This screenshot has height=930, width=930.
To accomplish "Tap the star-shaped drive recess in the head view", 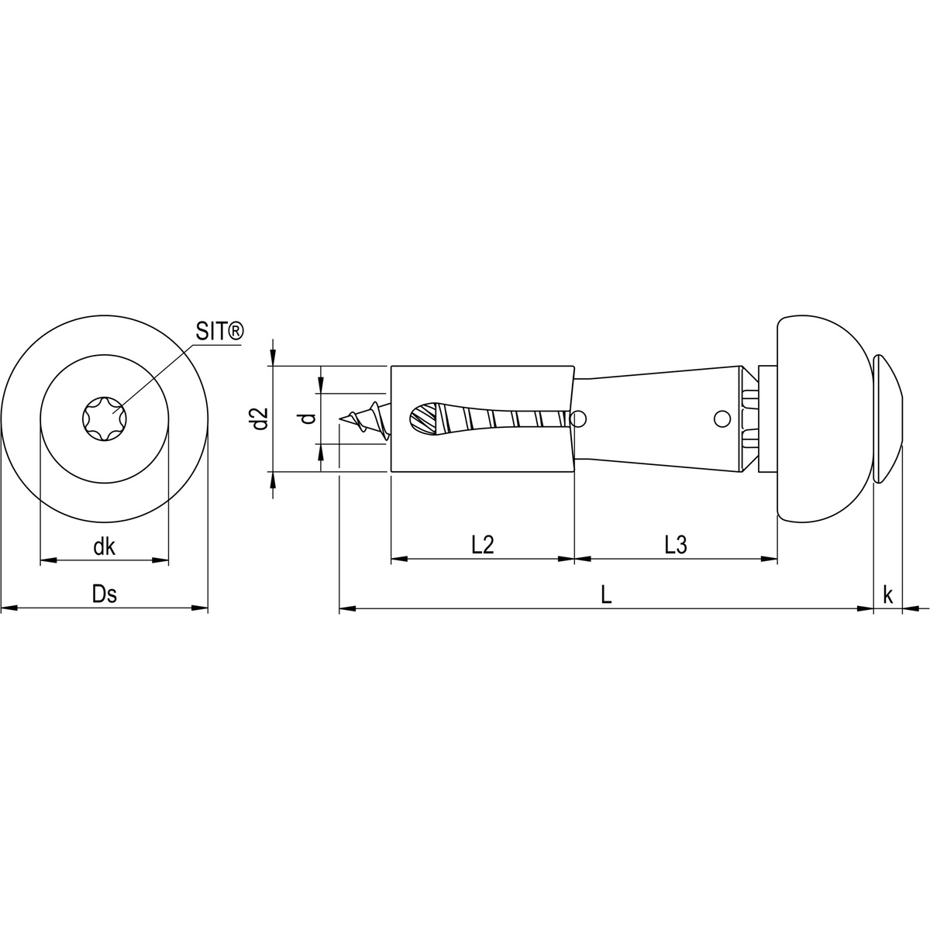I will [x=104, y=418].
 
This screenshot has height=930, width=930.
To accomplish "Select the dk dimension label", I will [x=104, y=547].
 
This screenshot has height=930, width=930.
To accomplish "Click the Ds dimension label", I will [x=104, y=594].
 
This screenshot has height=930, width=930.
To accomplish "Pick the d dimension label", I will [x=308, y=418].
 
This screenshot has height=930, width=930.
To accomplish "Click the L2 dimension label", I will [x=482, y=545].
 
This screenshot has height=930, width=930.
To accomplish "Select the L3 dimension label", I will [x=676, y=545].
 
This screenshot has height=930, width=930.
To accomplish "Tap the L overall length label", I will [x=607, y=595].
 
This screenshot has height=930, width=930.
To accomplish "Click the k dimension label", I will [x=888, y=595].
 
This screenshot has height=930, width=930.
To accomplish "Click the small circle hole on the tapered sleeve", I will [x=722, y=419].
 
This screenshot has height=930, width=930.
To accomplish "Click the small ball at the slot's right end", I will [x=577, y=419].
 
